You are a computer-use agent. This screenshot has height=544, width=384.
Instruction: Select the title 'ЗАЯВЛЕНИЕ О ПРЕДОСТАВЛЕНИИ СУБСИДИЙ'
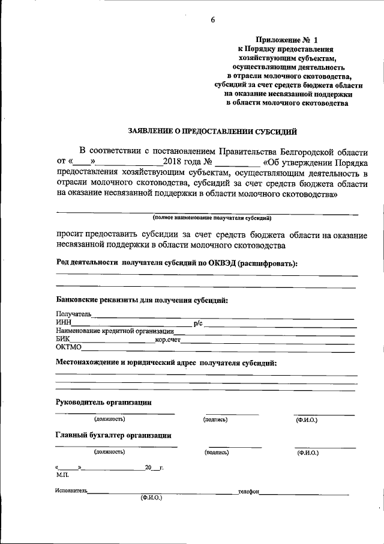[x=212, y=130]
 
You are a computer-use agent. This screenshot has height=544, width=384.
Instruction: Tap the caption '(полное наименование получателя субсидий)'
[x=212, y=217]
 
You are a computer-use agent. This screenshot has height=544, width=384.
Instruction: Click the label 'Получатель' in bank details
[x=73, y=314]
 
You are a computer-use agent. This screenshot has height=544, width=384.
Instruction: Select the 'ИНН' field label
[x=64, y=323]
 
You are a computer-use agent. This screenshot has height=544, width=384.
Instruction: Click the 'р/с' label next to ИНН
[x=198, y=323]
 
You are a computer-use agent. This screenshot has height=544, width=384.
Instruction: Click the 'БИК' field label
[x=64, y=340]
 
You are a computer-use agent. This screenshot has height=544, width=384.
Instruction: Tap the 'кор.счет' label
[x=168, y=340]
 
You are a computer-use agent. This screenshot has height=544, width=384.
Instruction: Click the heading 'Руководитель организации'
[x=103, y=402]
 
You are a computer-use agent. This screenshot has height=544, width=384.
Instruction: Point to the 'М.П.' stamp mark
[x=62, y=474]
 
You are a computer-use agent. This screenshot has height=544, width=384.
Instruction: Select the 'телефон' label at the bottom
[x=248, y=491]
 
